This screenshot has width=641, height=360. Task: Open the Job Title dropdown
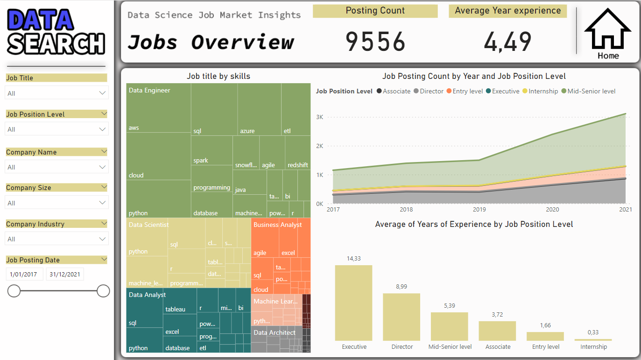tap(56, 93)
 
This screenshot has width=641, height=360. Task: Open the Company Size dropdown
tap(56, 203)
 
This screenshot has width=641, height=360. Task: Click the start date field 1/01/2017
tap(24, 274)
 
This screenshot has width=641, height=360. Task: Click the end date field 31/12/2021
tap(65, 274)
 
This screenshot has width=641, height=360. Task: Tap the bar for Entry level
tap(545, 336)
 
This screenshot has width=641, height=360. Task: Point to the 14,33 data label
tap(354, 258)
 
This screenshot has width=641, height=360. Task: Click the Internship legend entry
tap(543, 91)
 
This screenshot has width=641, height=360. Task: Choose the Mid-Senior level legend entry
tap(591, 91)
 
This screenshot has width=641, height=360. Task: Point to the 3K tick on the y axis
tap(319, 117)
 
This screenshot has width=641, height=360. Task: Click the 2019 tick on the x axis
tap(479, 210)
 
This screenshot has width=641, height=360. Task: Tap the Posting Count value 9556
tap(375, 42)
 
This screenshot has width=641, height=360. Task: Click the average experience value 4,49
tap(507, 42)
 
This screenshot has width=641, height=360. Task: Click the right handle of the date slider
tap(103, 291)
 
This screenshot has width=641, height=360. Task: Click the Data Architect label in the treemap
tap(274, 332)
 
